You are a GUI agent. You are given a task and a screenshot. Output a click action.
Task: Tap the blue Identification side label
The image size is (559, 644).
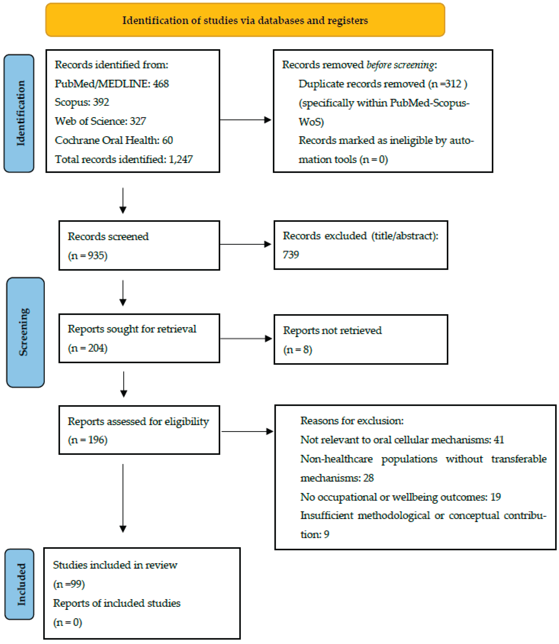coord(19,113)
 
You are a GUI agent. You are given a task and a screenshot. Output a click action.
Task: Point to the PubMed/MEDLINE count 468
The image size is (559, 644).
coord(161,84)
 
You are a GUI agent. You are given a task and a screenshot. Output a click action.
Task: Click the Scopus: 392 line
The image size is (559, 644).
coord(82,102)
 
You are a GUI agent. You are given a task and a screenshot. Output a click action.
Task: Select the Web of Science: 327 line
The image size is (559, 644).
coord(100,121)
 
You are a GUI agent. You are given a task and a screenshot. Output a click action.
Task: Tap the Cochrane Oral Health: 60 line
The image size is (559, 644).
coord(113,140)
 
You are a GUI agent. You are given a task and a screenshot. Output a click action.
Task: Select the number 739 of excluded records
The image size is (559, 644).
coord(291,255)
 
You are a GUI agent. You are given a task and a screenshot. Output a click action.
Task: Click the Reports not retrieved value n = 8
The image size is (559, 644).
coord(298,350)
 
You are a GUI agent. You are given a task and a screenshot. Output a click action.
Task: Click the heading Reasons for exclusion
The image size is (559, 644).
coord(352,421)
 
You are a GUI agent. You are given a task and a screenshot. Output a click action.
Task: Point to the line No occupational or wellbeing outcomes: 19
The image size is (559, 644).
coord(400,497)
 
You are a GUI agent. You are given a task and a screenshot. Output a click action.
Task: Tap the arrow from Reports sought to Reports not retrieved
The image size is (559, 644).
coord(246,338)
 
